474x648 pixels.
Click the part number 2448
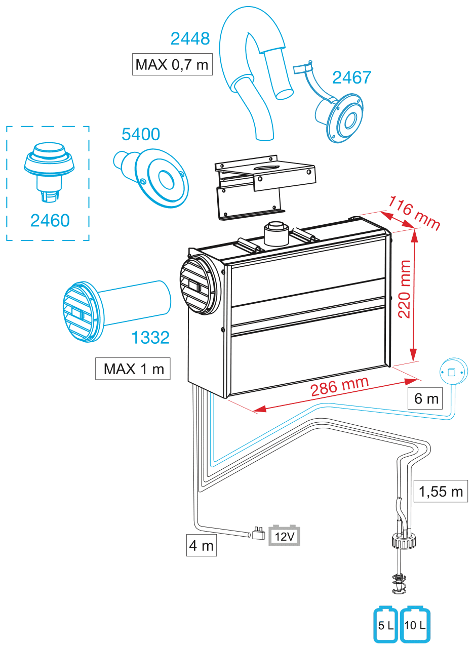(190, 38)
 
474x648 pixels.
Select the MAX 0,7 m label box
(172, 64)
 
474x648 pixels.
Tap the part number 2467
(351, 77)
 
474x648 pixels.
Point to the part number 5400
(141, 134)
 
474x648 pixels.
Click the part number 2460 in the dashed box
(50, 220)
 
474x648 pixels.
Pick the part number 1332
(150, 337)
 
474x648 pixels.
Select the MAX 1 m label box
(133, 369)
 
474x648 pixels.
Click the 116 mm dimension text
(414, 213)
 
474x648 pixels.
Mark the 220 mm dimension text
(404, 289)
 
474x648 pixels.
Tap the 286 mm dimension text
(340, 387)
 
